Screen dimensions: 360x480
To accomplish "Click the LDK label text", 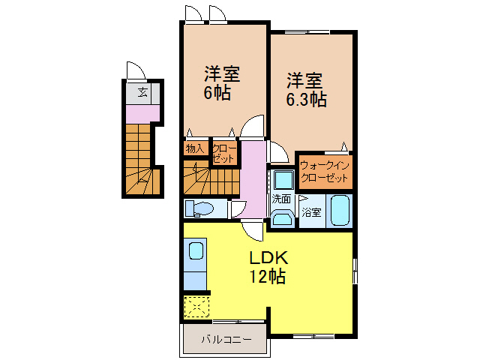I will point(267,257).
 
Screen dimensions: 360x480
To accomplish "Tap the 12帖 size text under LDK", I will point(267,276).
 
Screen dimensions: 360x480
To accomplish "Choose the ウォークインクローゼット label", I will point(323,172).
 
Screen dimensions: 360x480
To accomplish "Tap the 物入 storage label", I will point(194,148).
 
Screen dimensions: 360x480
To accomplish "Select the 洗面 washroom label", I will point(282,199).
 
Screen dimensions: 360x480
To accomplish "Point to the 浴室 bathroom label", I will point(311,211).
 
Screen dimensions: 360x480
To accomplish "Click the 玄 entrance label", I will point(142,94).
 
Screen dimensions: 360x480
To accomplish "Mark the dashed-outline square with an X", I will point(195,306).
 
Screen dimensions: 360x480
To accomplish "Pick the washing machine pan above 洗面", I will point(283,180).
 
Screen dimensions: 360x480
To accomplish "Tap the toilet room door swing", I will point(238,209).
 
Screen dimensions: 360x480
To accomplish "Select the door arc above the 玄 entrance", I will point(136,72).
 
